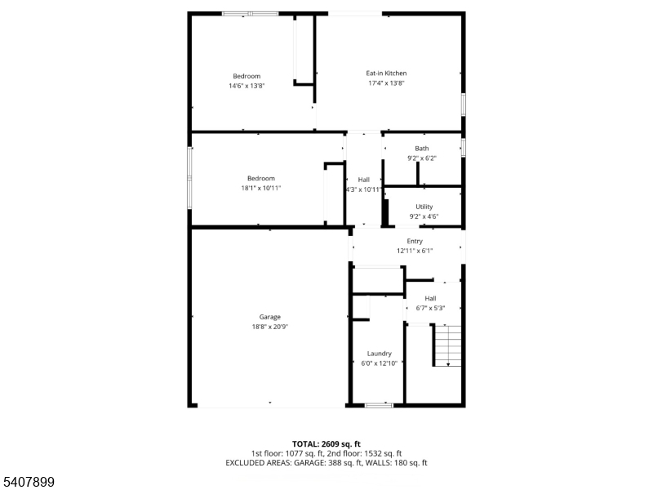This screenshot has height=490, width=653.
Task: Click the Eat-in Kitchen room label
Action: tap(386, 73)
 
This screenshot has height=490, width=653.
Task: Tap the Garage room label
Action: tap(270, 317)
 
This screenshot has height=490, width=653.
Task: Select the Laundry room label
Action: tap(379, 354)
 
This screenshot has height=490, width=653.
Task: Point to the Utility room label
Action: tap(424, 207)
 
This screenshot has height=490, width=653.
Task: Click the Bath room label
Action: tap(422, 149)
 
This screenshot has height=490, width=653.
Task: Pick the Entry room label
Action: tap(415, 241)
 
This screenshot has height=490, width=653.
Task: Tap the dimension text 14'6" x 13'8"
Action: tap(247, 86)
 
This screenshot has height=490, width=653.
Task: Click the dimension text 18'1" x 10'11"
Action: tap(261, 188)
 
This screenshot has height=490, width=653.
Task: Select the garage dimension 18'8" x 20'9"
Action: tap(270, 327)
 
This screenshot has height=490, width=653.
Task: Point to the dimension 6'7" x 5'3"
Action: tap(431, 309)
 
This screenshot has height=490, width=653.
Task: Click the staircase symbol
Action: tap(447, 345)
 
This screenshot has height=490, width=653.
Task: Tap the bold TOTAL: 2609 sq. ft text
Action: tap(326, 444)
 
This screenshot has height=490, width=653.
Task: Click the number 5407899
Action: tap(28, 482)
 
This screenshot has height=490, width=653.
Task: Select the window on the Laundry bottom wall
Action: tap(379, 405)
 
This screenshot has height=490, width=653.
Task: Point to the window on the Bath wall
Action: tap(463, 148)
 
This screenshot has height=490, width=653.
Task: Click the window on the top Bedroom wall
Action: tap(250, 14)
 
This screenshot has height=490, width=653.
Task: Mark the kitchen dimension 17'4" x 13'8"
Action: tap(386, 83)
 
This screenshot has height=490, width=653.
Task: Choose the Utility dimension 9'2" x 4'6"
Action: tap(424, 216)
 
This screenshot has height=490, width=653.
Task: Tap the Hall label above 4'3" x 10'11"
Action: tap(363, 180)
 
